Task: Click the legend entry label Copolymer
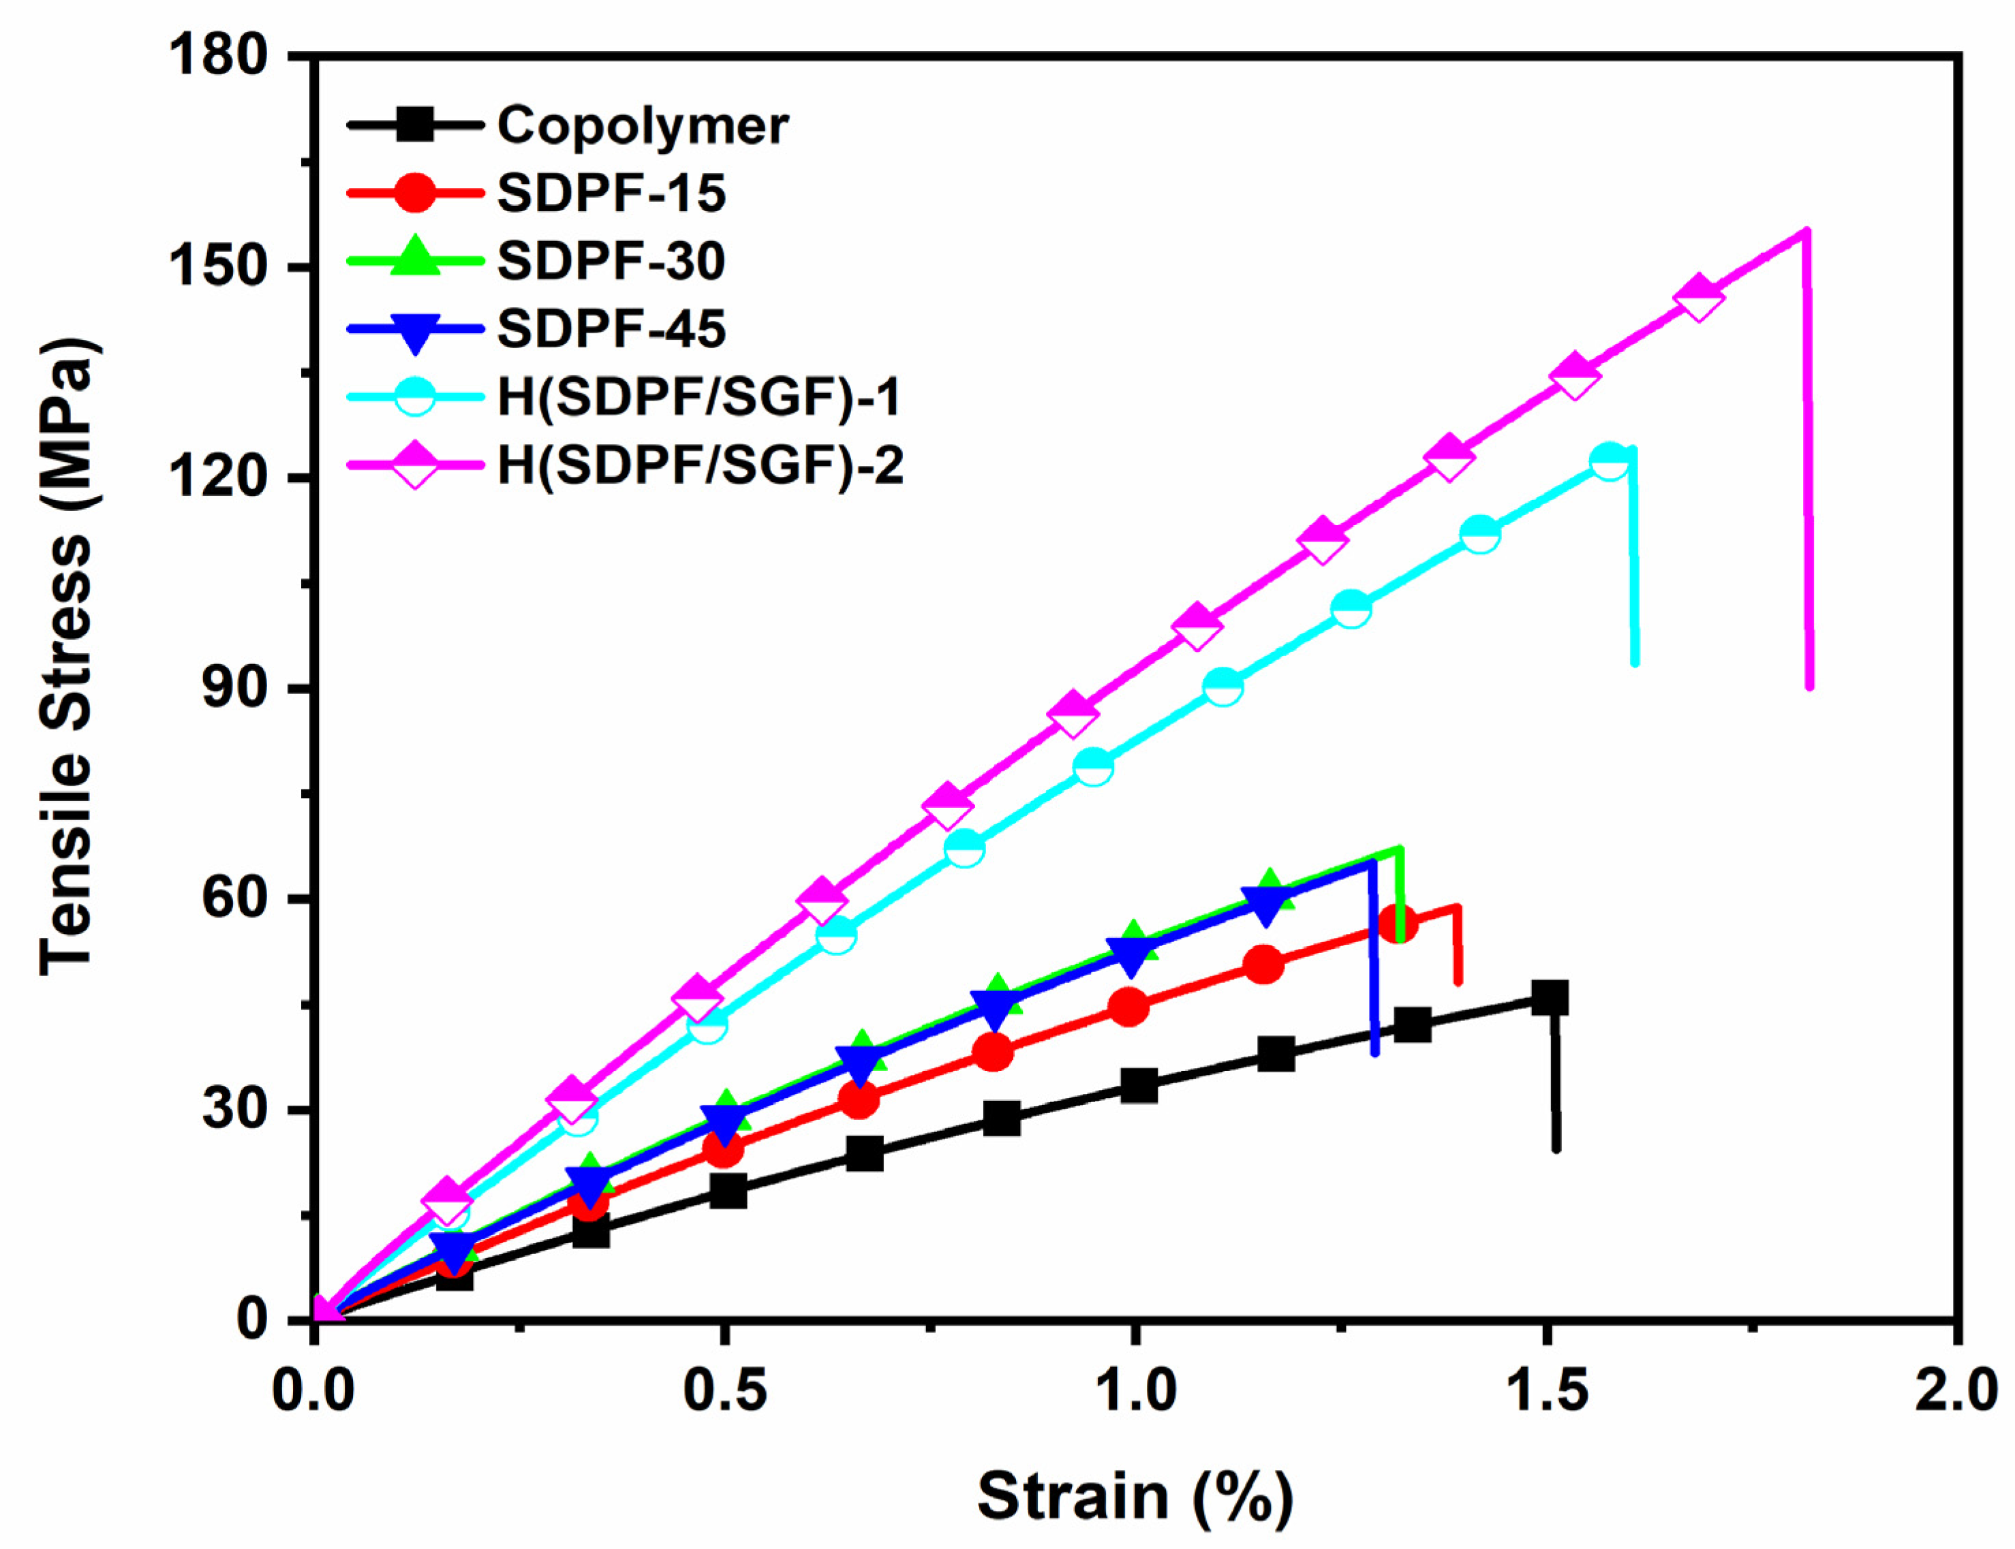point(642,125)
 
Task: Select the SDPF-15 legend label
point(611,193)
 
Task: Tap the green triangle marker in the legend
point(416,257)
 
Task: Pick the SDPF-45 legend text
point(611,329)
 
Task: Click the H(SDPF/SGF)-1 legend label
point(699,397)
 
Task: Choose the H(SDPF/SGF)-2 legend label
point(700,465)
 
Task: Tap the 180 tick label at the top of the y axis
point(217,57)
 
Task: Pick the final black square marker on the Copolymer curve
point(1550,998)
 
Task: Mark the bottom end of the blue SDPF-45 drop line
point(1375,1052)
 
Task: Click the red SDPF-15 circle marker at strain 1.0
point(1130,1006)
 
